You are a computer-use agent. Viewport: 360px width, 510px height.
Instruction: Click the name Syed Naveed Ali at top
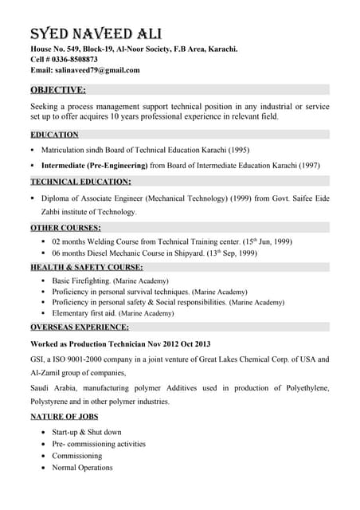tap(96, 33)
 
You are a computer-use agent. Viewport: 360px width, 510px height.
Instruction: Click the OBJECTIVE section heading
tap(57, 89)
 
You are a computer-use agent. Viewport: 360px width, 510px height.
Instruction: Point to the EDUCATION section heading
tap(54, 135)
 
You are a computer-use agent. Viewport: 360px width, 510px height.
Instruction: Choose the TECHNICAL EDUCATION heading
tap(80, 182)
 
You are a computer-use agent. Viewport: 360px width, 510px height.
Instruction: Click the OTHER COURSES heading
tap(65, 228)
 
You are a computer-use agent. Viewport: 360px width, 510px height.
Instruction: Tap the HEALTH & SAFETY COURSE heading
tap(87, 267)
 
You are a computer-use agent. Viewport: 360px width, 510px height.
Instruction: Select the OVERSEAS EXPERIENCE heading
tap(80, 327)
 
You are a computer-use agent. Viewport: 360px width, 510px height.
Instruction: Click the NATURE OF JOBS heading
tap(65, 417)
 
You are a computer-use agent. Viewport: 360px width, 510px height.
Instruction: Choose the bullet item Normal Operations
tap(82, 468)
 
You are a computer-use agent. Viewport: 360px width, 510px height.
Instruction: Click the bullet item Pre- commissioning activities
tap(99, 444)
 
